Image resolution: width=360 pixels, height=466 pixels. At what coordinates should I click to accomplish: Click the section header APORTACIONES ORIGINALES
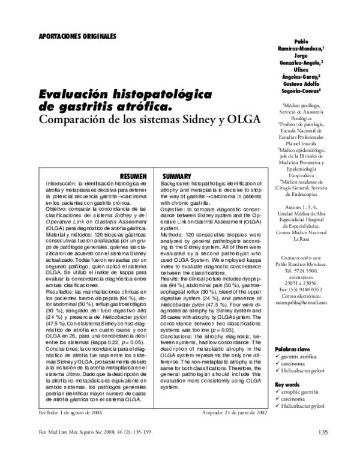click(78, 36)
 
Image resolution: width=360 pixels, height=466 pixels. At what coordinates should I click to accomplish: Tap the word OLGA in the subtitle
click(241, 119)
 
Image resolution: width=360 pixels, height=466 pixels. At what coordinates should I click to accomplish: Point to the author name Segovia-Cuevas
click(304, 91)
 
